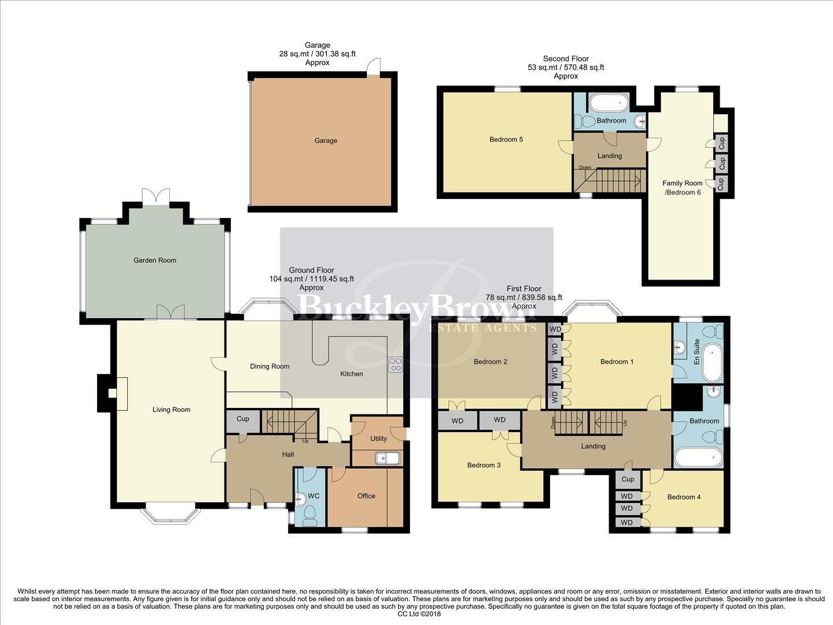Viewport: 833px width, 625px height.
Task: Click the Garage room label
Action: point(326,141)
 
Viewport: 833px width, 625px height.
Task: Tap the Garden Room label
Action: point(154,260)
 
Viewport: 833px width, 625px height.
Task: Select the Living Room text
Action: point(171,410)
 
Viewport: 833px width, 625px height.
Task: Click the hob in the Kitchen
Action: point(396,365)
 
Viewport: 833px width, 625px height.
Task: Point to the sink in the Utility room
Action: point(387,458)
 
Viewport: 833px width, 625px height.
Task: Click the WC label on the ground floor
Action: point(314,496)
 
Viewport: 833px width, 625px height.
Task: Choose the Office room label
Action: point(366,496)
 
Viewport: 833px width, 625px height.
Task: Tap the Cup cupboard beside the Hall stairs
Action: point(243,419)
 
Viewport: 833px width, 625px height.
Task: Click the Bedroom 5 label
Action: point(506,139)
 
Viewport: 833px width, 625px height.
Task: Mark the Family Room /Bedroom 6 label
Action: point(683,187)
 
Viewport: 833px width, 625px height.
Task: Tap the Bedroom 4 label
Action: point(684,497)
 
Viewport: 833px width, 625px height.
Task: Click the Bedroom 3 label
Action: point(484,465)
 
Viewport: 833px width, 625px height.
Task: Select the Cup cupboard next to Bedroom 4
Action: point(628,479)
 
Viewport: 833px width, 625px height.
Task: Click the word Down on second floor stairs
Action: point(585,168)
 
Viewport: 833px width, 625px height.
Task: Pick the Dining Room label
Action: point(270,366)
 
